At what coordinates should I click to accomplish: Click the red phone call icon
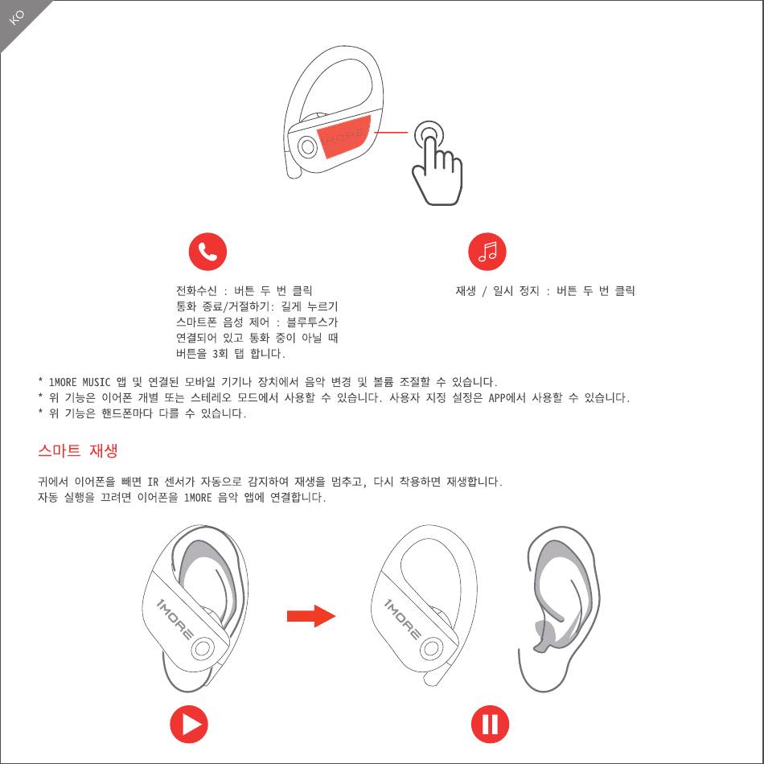[x=207, y=252]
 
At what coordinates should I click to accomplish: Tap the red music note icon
[x=487, y=252]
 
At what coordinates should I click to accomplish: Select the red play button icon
[x=188, y=724]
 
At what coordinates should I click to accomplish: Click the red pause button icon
[x=490, y=724]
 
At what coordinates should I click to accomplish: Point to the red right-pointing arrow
[x=311, y=616]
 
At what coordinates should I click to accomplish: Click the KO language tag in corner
[x=16, y=17]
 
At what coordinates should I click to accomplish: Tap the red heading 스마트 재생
[x=78, y=450]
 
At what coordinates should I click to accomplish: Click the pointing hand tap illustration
[x=437, y=162]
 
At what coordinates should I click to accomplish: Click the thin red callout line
[x=390, y=132]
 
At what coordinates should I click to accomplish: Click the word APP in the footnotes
[x=496, y=398]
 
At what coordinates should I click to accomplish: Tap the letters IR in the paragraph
[x=153, y=483]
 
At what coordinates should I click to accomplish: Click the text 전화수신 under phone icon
[x=196, y=291]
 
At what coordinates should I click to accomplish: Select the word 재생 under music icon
[x=466, y=291]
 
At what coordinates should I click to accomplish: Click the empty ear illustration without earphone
[x=560, y=609]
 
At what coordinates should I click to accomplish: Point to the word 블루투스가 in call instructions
[x=312, y=322]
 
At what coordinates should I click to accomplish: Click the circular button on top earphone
[x=307, y=146]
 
